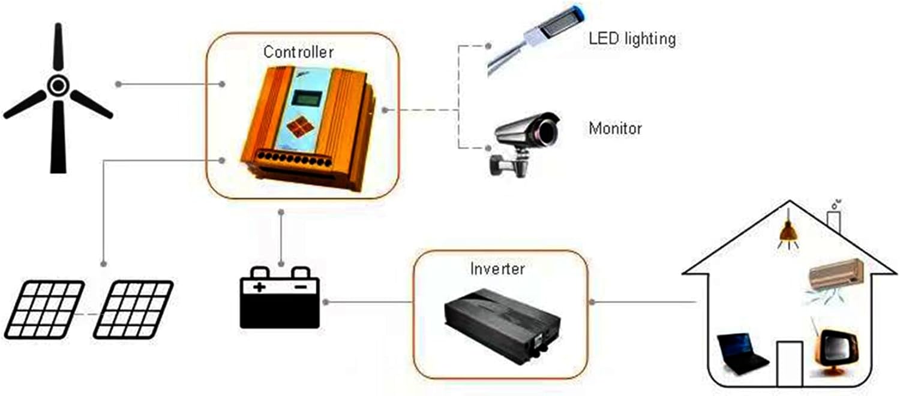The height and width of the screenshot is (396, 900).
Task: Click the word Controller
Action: point(298,52)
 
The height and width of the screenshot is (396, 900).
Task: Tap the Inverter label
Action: point(497,269)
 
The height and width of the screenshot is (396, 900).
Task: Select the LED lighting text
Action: point(632,40)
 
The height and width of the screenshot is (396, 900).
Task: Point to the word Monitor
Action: point(615,128)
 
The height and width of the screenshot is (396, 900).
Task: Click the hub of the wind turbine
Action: point(58,86)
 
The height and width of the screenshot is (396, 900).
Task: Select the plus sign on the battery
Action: point(259,286)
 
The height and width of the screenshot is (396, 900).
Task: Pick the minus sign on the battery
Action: point(301,286)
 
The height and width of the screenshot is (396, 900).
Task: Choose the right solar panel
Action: point(133,309)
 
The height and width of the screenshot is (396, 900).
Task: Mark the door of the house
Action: point(789,364)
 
